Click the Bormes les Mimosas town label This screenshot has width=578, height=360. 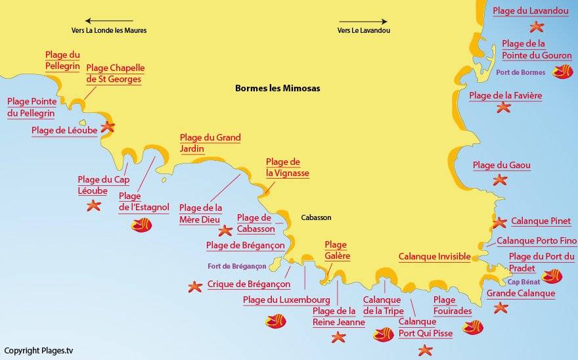coord(278,88)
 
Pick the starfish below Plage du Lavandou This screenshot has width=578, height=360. coord(537,27)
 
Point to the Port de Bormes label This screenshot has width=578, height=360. coord(521,72)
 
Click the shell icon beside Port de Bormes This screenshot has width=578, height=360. coord(562,72)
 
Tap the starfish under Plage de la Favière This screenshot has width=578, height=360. coord(503,107)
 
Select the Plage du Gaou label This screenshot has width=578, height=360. coord(501,166)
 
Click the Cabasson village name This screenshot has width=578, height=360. coord(316,217)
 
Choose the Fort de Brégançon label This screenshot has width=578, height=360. coord(236,266)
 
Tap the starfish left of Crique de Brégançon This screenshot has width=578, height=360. coord(194,286)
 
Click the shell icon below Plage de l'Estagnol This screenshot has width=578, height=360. coord(141,225)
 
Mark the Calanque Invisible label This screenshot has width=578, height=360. coord(434,257)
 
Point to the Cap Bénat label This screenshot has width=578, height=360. coord(523,282)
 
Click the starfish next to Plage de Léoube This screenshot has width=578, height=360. coord(107,127)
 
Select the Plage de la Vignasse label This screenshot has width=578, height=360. coord(287,168)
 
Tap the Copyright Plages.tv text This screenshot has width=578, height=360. coord(39,351)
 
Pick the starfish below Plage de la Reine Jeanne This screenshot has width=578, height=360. coord(338,337)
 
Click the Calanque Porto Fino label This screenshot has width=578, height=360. coord(536,241)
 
